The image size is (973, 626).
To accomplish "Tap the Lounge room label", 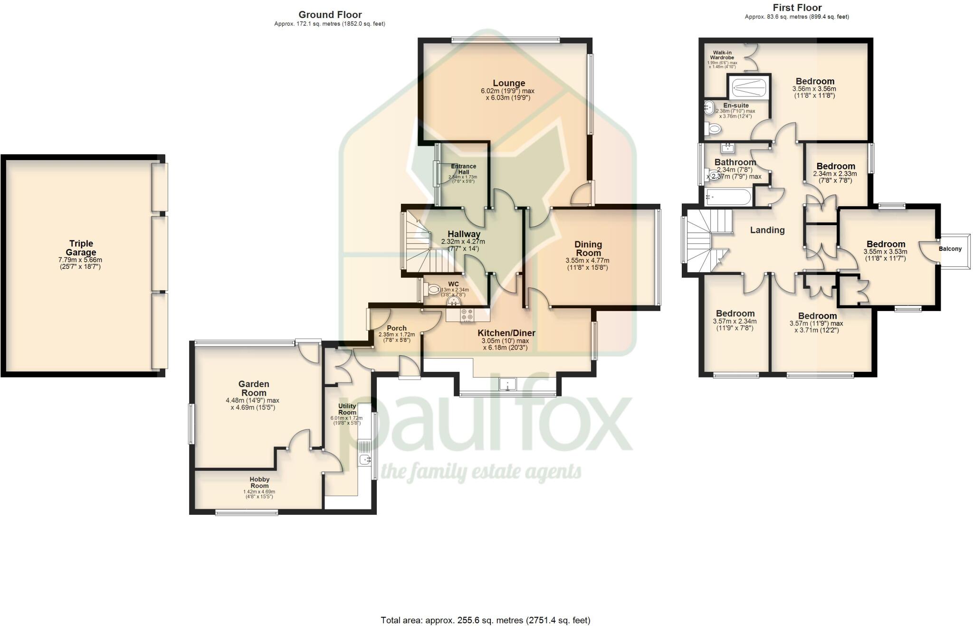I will [x=509, y=83].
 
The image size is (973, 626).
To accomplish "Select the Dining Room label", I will [x=588, y=248].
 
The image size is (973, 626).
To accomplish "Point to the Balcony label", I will [x=950, y=249].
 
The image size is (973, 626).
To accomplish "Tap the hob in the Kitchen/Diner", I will [x=467, y=314].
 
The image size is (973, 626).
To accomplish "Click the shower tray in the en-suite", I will [x=748, y=87].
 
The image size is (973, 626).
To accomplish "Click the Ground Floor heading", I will [x=330, y=15].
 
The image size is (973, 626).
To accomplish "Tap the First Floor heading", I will [x=797, y=8].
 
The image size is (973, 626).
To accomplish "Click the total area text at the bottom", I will [x=485, y=620].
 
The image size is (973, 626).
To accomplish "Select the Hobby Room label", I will [x=259, y=483].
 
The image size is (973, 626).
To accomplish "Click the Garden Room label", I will [x=254, y=388].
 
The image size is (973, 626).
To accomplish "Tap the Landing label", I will [x=767, y=230].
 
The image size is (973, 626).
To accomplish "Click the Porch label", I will [x=396, y=328].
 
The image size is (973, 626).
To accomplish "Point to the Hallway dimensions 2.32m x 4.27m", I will [x=463, y=242].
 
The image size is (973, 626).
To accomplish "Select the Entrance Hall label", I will [x=463, y=169].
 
